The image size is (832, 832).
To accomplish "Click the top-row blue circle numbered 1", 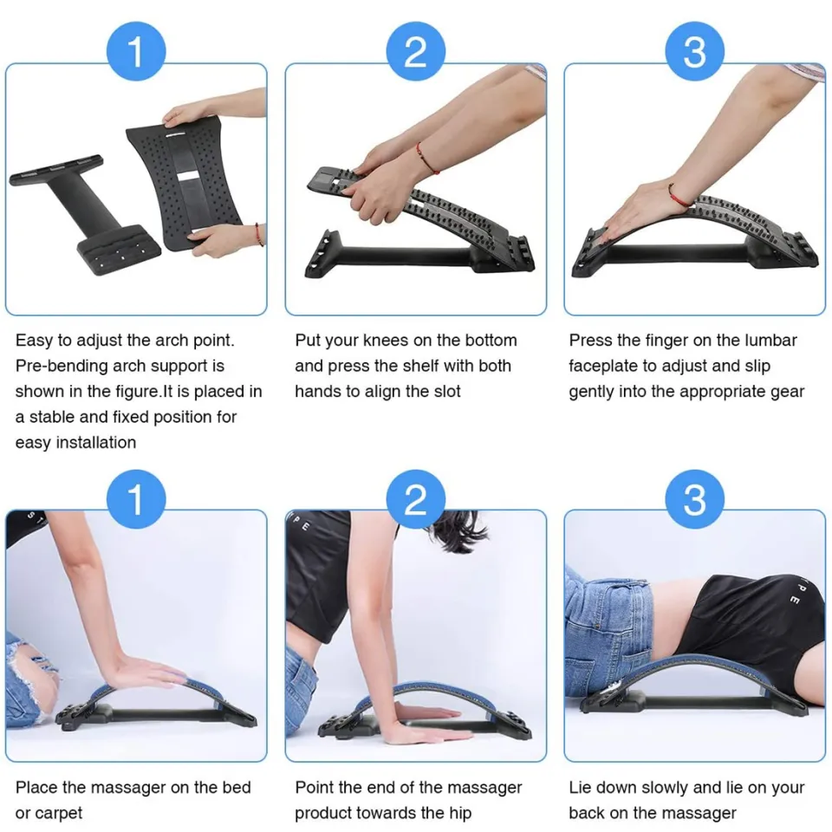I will (x=136, y=52).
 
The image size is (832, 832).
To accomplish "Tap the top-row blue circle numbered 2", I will (x=416, y=52).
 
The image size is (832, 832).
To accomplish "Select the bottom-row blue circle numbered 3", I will (x=695, y=499).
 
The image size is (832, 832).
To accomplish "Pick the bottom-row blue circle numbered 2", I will (x=416, y=499).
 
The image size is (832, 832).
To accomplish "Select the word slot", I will (x=444, y=391).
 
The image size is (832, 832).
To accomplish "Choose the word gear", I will (x=786, y=391).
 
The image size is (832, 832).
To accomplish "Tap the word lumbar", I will (x=770, y=341).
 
